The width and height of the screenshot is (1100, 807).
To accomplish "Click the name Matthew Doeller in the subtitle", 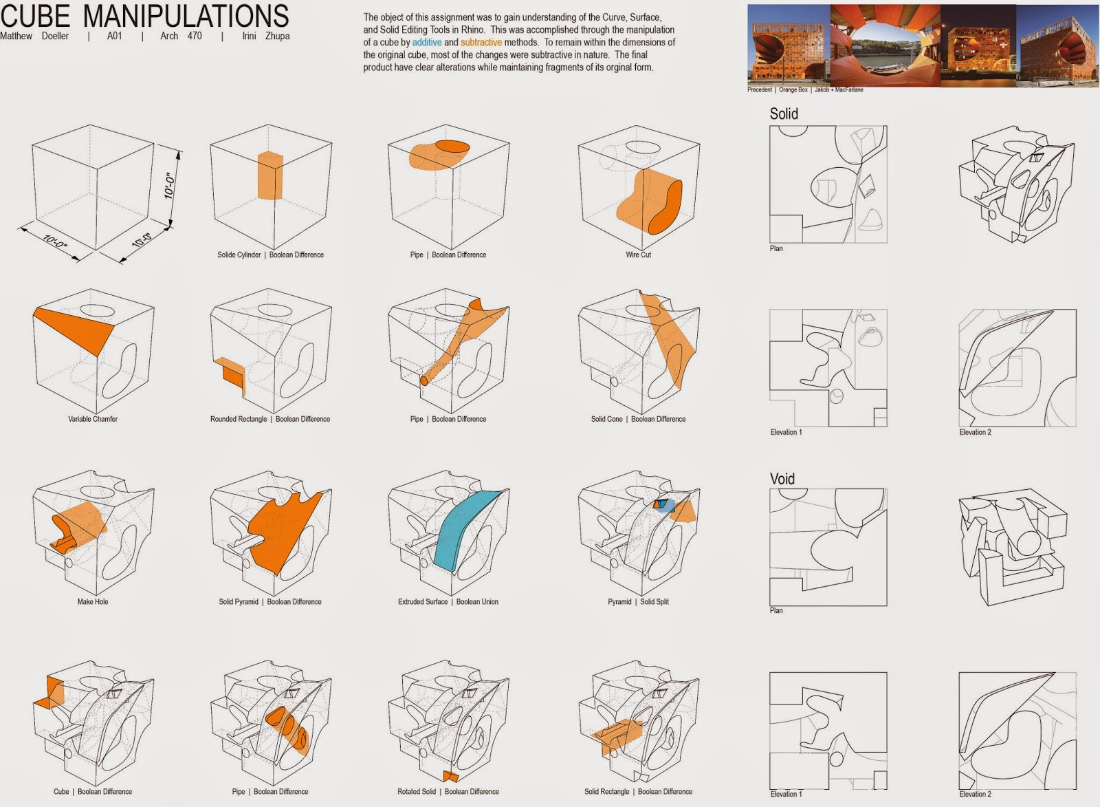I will point(34,36).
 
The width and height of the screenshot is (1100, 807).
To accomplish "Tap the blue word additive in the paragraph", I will point(426,42).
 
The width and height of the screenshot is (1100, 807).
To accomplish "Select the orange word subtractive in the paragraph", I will point(481,42).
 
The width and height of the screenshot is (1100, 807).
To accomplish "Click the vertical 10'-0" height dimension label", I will point(170,185).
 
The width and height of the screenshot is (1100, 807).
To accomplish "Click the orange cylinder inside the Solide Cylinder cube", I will point(270,176).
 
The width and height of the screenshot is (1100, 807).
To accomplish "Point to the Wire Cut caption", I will point(638,255).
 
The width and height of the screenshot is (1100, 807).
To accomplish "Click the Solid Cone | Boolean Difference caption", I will point(638,419).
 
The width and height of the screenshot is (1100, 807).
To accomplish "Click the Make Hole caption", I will point(93,602).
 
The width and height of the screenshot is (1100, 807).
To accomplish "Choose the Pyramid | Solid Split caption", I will point(638,602).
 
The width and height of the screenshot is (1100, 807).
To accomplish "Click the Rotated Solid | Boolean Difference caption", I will point(448,792).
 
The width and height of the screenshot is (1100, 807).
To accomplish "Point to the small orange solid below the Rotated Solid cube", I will point(450,776).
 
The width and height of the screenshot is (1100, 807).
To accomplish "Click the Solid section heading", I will point(784,114).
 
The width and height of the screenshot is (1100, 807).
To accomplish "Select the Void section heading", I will point(782,479).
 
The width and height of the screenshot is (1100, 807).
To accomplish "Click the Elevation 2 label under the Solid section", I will point(975,432).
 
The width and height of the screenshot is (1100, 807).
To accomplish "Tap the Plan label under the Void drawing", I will point(776,611).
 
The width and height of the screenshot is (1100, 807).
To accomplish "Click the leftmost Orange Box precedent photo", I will point(788,45).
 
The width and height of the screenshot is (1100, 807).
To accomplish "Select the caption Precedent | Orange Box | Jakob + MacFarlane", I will point(805,90).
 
